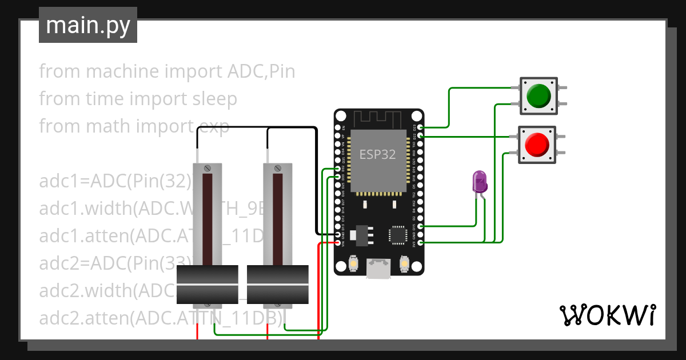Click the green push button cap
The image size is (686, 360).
tap(538, 95)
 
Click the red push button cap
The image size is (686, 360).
tap(537, 145)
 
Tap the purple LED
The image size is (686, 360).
tap(479, 182)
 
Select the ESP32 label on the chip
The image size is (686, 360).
tap(377, 154)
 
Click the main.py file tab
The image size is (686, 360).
tap(88, 25)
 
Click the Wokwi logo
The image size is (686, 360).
tap(607, 315)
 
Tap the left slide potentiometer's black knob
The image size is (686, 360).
tap(207, 285)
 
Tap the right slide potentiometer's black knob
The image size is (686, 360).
tap(278, 285)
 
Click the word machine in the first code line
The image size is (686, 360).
tap(122, 71)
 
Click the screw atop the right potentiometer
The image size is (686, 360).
tap(278, 168)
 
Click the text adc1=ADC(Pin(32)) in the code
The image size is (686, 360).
tap(114, 182)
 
